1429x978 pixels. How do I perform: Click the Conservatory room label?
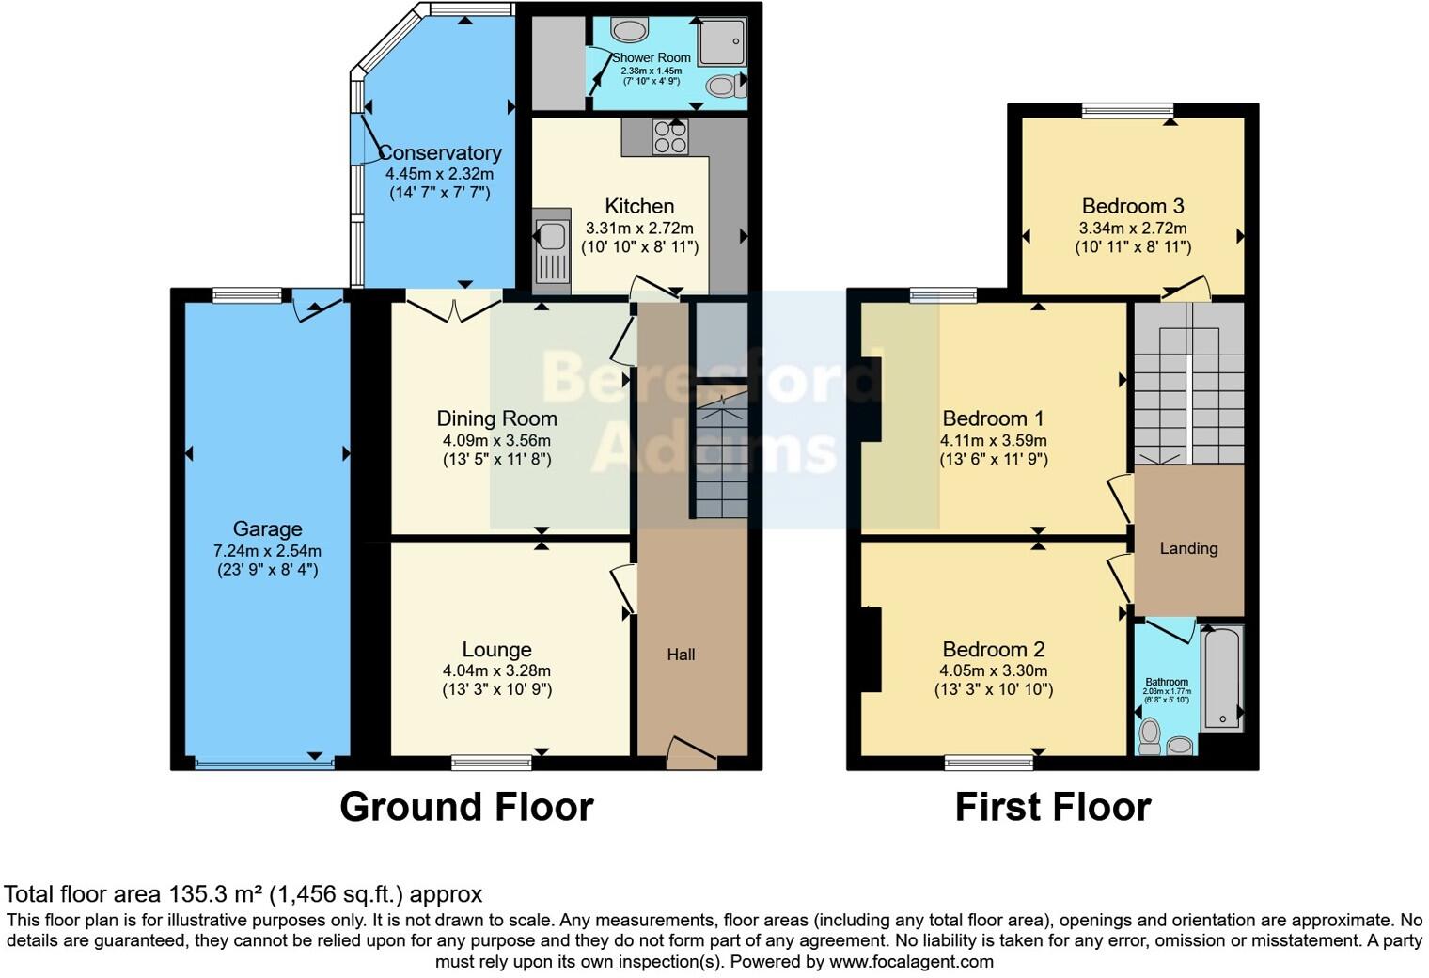click(x=439, y=152)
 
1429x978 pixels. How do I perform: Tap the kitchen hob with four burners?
click(x=670, y=136)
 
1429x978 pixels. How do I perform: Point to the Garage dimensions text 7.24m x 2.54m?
click(x=267, y=551)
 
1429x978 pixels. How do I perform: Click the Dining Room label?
click(x=496, y=418)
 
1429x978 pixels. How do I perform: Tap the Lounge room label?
click(x=496, y=649)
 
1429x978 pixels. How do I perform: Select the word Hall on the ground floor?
click(x=681, y=655)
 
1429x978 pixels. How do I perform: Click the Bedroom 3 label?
click(x=1132, y=206)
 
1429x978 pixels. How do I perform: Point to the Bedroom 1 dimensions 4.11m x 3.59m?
click(x=993, y=440)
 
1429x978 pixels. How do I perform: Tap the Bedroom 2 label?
click(x=993, y=649)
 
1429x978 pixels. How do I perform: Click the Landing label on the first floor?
click(x=1188, y=548)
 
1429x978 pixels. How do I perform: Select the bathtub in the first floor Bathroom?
click(x=1223, y=677)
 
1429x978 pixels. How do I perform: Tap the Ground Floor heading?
click(x=466, y=807)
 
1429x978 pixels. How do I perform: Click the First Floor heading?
click(x=1052, y=807)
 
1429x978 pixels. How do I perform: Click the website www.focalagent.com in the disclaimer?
click(x=910, y=961)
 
